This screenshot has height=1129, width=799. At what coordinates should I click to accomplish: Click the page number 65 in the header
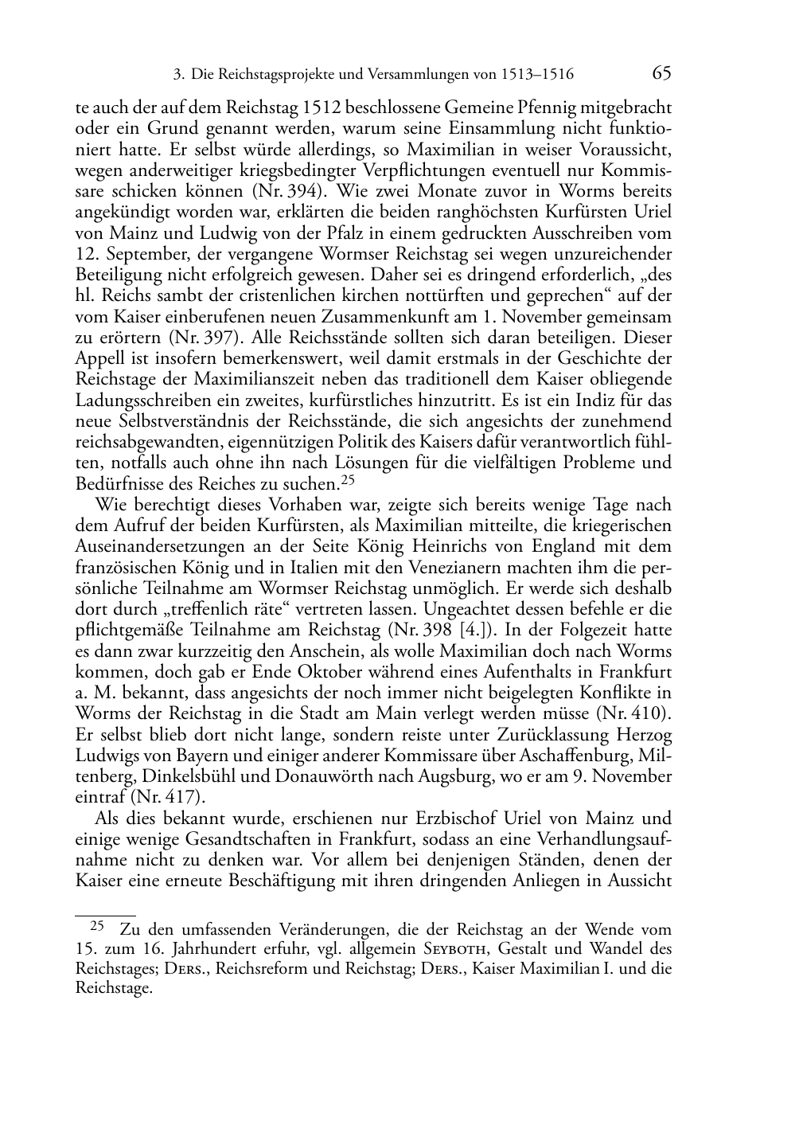[x=661, y=74]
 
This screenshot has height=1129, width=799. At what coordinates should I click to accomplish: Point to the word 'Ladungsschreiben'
[x=136, y=400]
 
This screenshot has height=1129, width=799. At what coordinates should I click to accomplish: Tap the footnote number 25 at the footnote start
[x=98, y=927]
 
